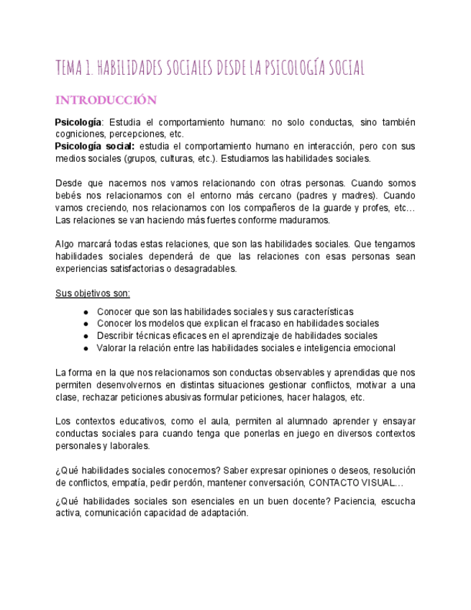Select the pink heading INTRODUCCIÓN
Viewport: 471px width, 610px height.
106,99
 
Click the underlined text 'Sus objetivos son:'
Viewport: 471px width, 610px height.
93,293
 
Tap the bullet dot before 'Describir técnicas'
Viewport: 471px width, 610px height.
86,336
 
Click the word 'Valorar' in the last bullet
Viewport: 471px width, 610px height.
114,348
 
